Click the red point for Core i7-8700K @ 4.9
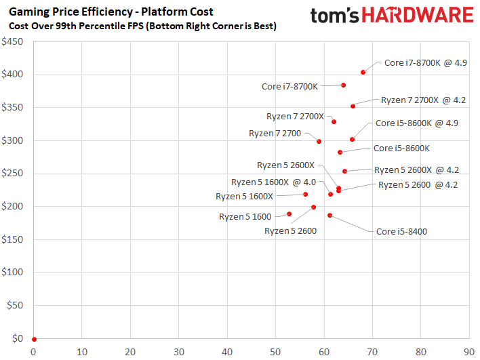click(363, 72)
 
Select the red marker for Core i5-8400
click(329, 216)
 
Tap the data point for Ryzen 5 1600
click(289, 214)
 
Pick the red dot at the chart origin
click(34, 339)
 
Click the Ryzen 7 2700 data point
click(319, 141)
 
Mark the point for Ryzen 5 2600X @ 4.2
click(344, 172)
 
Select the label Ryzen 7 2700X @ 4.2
click(423, 100)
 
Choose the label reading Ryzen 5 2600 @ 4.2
click(418, 184)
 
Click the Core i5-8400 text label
click(401, 231)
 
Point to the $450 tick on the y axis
click(12, 41)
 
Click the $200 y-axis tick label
click(12, 207)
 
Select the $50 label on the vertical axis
click(15, 306)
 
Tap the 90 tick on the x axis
click(468, 352)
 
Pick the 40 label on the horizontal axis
click(227, 352)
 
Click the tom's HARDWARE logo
click(391, 16)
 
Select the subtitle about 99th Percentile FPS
click(142, 25)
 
